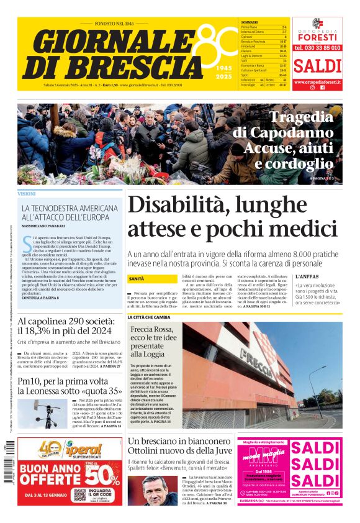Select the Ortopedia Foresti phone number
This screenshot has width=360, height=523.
pos(317,47)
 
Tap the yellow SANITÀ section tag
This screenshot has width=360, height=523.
pos(137,279)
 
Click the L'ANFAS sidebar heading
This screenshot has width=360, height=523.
pos(307,276)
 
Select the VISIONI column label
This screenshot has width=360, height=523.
pos(27,194)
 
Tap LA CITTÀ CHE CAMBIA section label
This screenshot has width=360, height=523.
pos(148,317)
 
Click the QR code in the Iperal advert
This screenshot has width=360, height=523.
pos(79,495)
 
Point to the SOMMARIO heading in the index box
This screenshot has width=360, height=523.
pos(250,22)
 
